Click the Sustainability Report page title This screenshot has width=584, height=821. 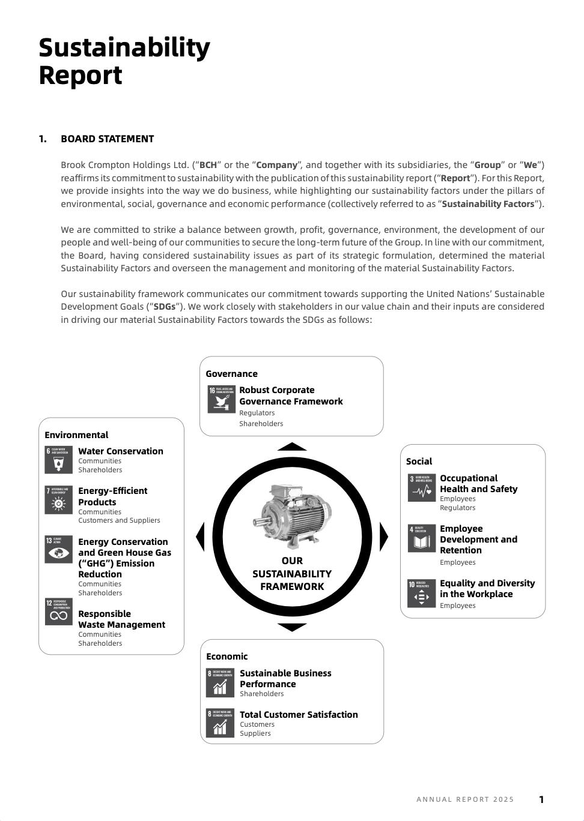click(124, 61)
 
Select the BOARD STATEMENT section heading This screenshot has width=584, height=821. click(107, 139)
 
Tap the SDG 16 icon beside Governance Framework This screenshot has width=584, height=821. click(221, 399)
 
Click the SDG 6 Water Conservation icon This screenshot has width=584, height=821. click(58, 460)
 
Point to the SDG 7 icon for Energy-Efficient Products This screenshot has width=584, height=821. click(58, 500)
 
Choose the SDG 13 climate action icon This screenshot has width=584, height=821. click(58, 549)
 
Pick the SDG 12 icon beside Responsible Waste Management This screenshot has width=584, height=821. click(58, 612)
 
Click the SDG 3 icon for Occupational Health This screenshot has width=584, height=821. click(421, 488)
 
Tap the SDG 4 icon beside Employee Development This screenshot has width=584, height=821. click(421, 538)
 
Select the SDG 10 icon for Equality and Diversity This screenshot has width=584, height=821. click(421, 593)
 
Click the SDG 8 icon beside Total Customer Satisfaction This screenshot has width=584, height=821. click(220, 723)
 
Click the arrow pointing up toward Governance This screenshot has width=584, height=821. click(292, 447)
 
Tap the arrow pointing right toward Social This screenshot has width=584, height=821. click(383, 537)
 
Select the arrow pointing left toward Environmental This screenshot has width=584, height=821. click(201, 537)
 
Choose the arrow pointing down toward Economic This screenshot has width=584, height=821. click(292, 627)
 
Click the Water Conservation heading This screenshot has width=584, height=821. click(121, 451)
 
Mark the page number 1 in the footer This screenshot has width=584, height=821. click(541, 799)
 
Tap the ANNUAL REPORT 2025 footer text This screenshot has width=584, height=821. click(465, 799)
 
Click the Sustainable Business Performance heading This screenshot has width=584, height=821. click(285, 678)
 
